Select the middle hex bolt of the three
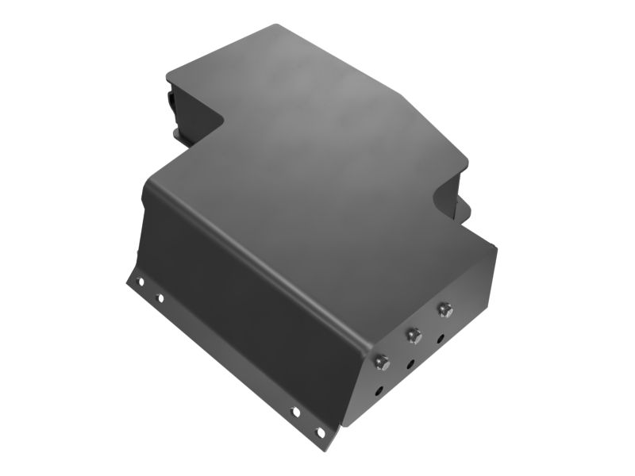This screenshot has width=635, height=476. [412, 336]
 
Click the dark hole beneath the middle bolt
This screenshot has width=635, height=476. [410, 365]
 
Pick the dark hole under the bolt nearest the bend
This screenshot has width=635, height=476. [379, 390]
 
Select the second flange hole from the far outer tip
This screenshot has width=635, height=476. [160, 298]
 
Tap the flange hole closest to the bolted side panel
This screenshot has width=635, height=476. [321, 432]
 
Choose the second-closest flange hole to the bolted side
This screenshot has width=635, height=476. [295, 412]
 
